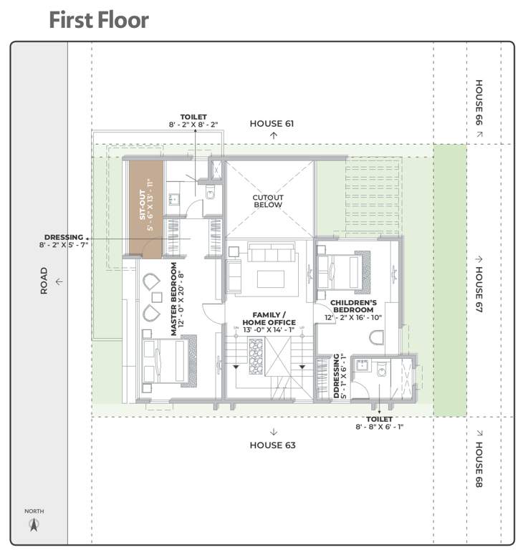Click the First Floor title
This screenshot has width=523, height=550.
coord(99,20)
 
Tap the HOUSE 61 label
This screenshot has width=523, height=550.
coord(272,123)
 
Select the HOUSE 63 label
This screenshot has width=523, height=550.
coord(272,445)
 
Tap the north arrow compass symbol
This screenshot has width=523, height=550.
coord(33,525)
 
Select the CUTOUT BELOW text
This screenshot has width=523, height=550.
coord(267,201)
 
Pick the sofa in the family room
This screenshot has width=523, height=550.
coord(270,255)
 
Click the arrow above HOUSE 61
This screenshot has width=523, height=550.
coord(272,135)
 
